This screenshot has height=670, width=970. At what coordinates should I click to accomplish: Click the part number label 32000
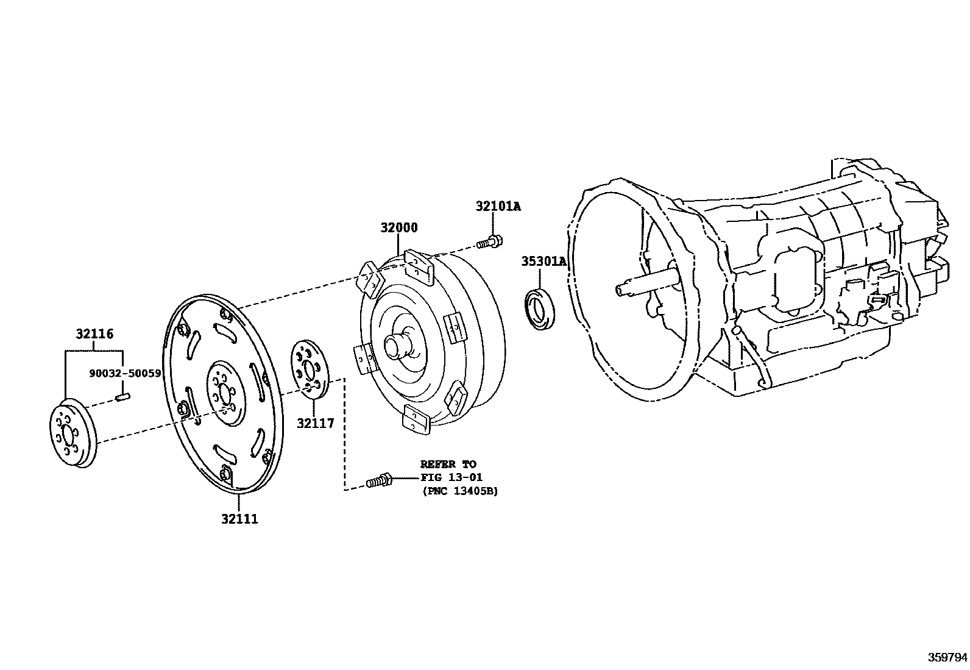click(399, 227)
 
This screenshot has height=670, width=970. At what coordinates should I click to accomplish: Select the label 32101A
click(498, 206)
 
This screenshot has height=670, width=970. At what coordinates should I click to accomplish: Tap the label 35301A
click(543, 262)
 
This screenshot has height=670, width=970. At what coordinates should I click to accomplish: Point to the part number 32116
click(94, 334)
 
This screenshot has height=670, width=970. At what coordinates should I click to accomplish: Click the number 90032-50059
click(124, 373)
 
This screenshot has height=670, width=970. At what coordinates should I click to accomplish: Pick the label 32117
click(316, 422)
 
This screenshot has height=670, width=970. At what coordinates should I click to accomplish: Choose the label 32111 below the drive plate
click(239, 519)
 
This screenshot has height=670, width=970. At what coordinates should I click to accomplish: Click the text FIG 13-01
click(451, 477)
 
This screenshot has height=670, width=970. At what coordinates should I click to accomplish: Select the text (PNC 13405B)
click(459, 491)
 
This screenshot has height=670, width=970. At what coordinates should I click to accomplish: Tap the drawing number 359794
click(947, 657)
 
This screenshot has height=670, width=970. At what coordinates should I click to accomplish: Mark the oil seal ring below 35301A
click(540, 310)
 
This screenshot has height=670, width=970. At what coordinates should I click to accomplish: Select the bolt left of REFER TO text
click(378, 481)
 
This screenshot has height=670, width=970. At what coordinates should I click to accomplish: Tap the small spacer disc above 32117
click(310, 371)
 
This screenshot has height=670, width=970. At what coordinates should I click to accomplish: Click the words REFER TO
click(448, 464)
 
